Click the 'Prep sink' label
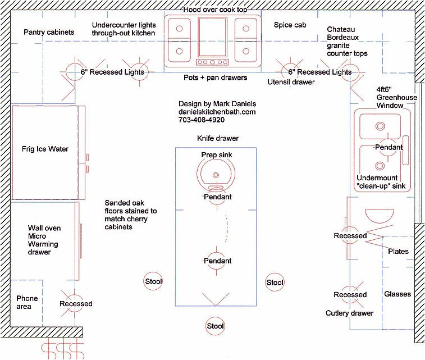[216, 155]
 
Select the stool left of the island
[153, 281]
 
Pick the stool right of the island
[275, 282]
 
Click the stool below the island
[216, 326]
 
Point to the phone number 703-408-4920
[202, 120]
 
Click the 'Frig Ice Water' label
[45, 149]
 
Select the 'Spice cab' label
[290, 25]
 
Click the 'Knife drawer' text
[217, 138]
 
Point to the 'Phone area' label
[27, 303]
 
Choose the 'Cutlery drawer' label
[349, 313]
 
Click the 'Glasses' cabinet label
[397, 294]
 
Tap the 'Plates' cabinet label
[399, 252]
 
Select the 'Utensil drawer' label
[291, 82]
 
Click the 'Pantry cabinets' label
[49, 33]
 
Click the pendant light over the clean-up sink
[389, 147]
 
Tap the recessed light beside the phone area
[76, 304]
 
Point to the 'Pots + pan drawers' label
[216, 78]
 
